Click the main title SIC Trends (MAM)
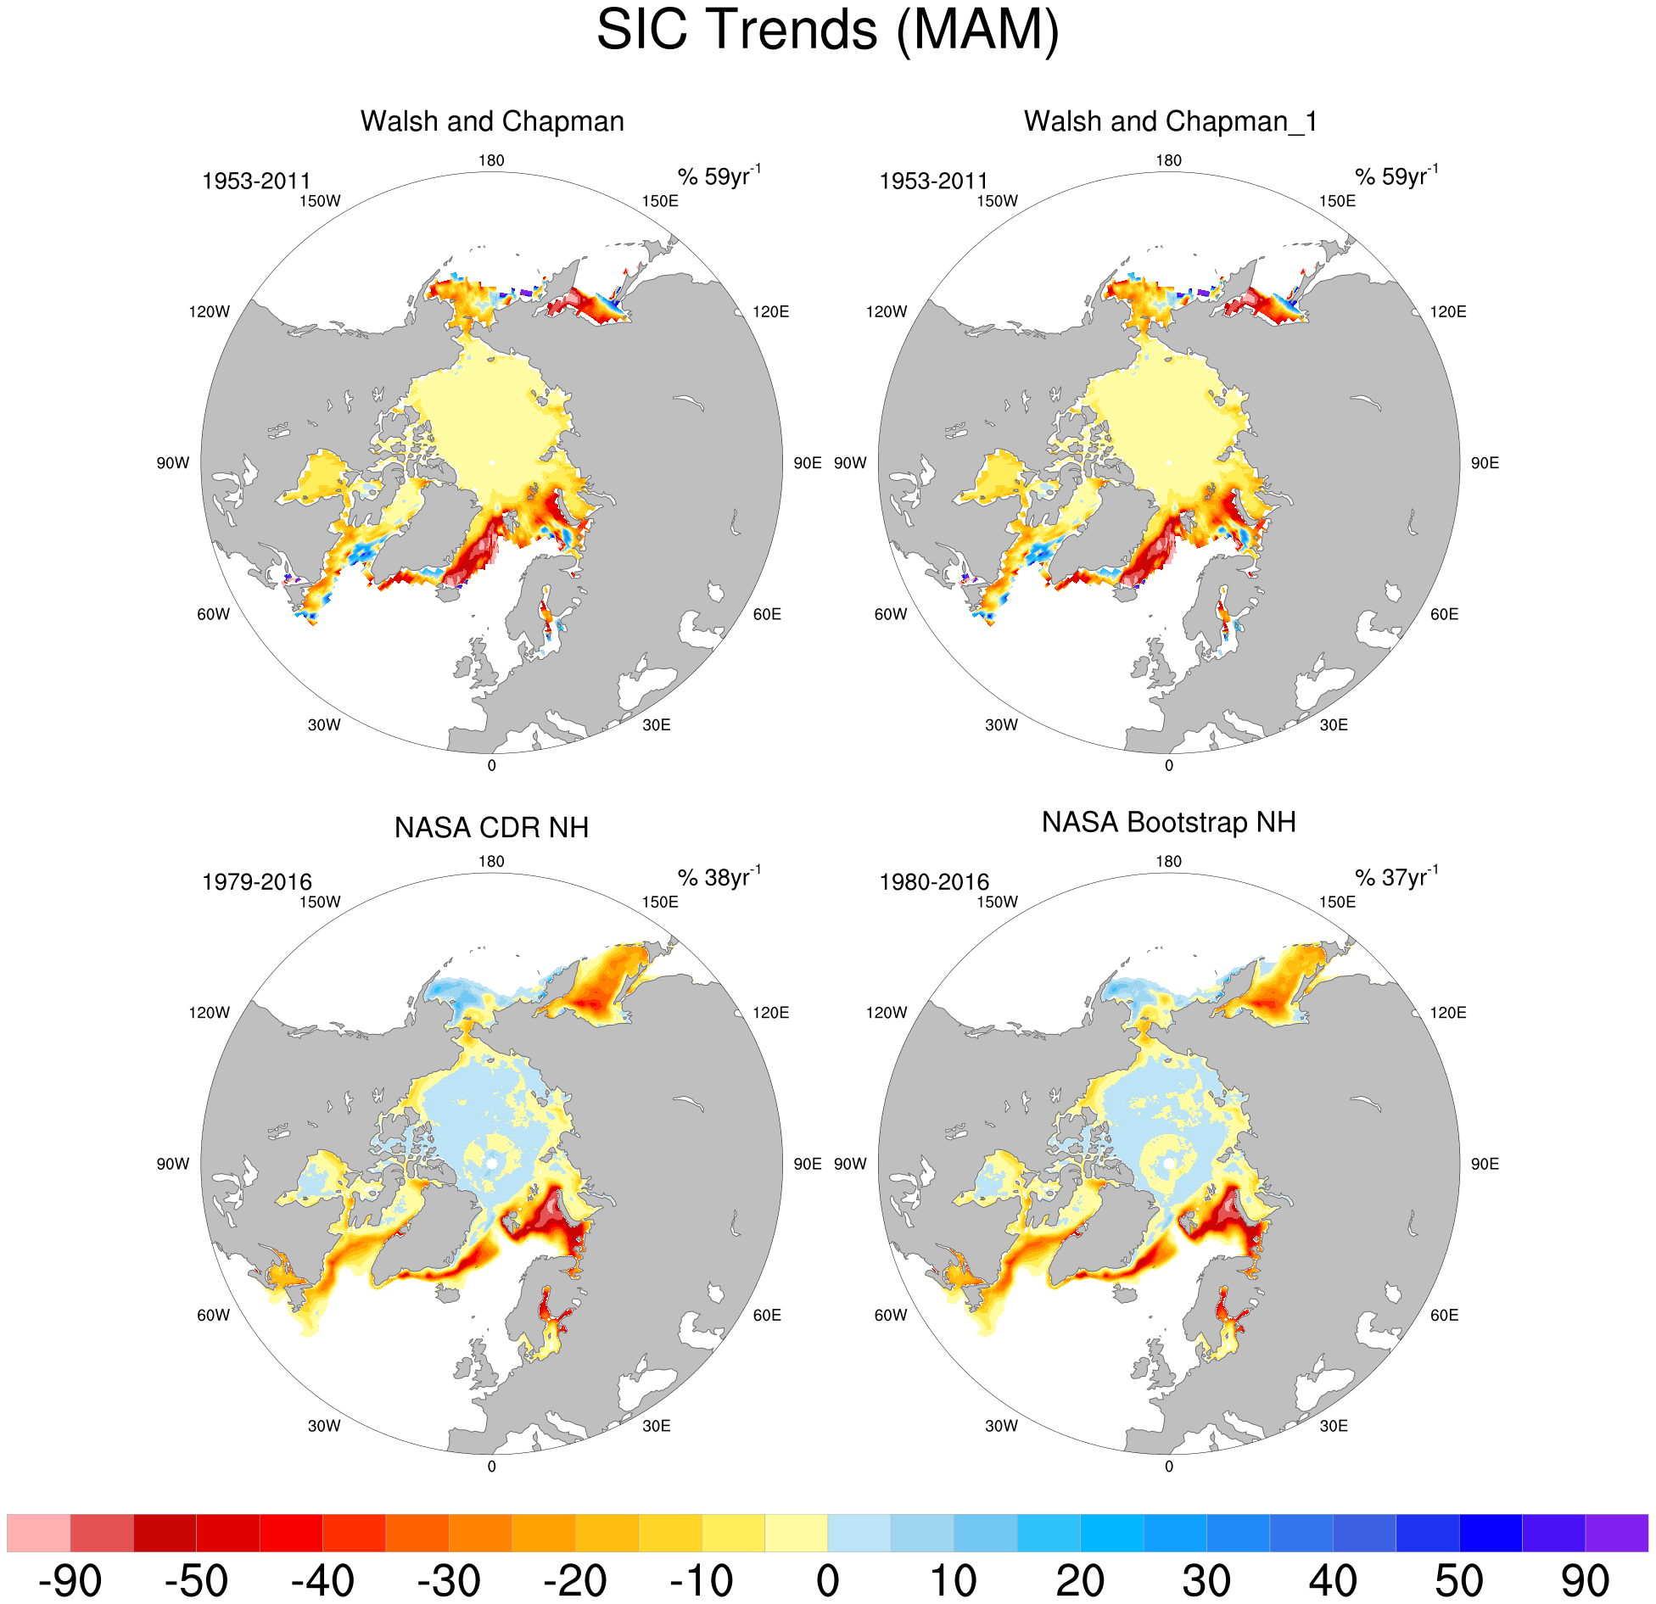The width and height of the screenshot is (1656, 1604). point(827,31)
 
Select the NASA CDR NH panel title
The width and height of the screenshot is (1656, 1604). point(491,827)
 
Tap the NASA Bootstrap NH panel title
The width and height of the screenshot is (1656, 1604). point(1168,822)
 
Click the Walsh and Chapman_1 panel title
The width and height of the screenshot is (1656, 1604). point(1170,121)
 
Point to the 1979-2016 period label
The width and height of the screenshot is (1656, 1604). point(256,882)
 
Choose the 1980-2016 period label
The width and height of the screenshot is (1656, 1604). point(934,882)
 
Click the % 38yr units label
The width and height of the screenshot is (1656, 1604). point(719,877)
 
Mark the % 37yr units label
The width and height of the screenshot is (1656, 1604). point(1396,877)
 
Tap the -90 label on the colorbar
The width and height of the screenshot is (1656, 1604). point(70,1580)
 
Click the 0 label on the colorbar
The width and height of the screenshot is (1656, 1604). point(827,1580)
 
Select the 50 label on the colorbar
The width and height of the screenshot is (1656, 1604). point(1458,1580)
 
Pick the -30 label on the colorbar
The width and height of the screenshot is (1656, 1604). point(449,1580)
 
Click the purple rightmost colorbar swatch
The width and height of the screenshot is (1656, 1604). point(1616,1533)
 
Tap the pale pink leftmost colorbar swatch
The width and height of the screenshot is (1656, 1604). point(38,1533)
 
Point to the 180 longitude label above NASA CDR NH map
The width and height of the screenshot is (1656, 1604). point(491,861)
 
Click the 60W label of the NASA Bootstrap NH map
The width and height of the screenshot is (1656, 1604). point(891,1315)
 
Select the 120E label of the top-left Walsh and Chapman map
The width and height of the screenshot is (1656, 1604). point(770,311)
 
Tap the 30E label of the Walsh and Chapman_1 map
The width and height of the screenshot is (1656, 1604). point(1334,724)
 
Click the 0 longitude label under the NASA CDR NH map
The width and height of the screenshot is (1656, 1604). point(491,1467)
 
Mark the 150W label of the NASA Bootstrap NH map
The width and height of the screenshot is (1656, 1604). point(997,902)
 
